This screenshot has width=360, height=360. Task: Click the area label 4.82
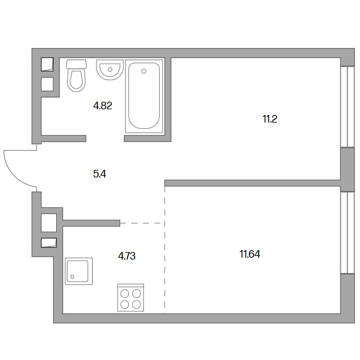point(102,106)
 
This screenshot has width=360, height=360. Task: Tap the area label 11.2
point(270,119)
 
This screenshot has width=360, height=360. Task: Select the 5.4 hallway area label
point(100,174)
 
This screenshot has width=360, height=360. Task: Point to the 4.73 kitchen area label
point(127,256)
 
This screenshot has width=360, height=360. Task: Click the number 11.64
point(250,255)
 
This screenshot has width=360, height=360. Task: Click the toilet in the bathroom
point(76,76)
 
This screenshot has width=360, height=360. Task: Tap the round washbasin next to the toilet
point(110,70)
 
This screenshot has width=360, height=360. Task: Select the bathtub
point(144,96)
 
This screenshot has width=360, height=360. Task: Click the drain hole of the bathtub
point(144,71)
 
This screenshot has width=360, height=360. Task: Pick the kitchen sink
point(79,271)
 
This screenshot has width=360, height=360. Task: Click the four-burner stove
point(131,297)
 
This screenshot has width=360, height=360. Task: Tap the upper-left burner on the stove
point(125,293)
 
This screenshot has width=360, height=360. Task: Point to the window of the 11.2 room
point(347,107)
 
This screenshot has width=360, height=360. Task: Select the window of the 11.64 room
point(347,232)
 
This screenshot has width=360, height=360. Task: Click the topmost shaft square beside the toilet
point(47,64)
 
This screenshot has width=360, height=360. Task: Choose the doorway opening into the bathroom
point(105,138)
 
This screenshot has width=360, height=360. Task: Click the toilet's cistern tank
point(76,64)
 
